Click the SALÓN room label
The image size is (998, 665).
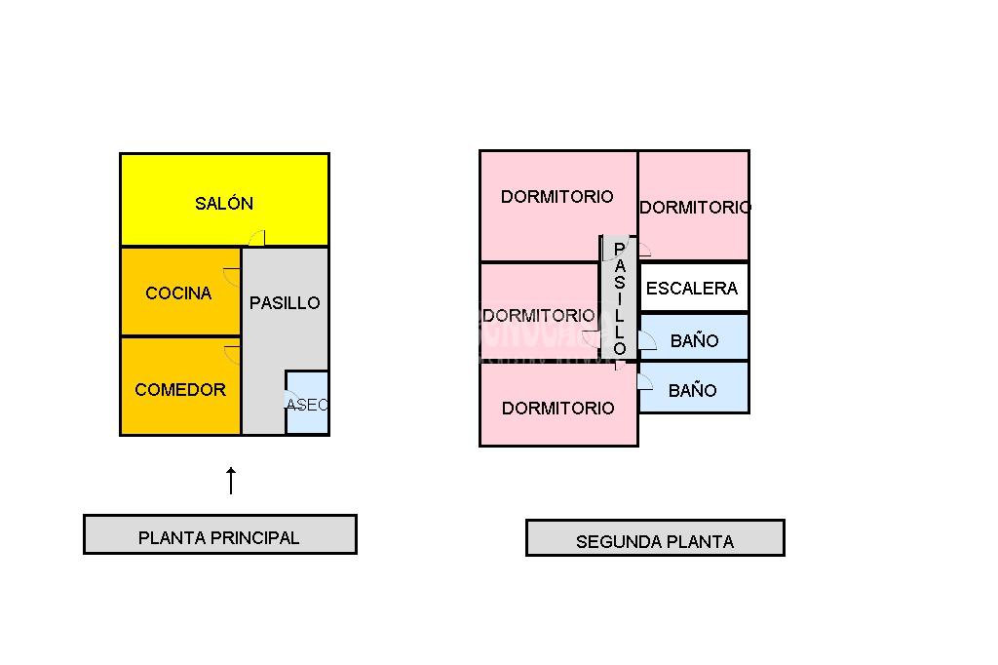(x=224, y=204)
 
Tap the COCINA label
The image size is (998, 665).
(x=178, y=293)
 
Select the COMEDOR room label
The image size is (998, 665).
(x=180, y=390)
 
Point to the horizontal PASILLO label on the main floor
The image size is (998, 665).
(x=285, y=303)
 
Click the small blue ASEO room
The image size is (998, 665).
(x=308, y=404)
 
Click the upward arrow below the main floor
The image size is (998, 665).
(x=231, y=480)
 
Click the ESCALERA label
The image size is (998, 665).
(x=692, y=289)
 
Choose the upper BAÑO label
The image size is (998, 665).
(x=695, y=341)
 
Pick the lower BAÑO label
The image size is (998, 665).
(x=693, y=391)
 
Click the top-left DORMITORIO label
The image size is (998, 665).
(x=557, y=197)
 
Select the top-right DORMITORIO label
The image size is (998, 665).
(x=695, y=208)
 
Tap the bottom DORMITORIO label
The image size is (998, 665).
(x=558, y=409)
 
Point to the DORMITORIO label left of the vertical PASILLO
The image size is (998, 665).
(x=538, y=316)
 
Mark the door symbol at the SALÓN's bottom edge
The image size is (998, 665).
(x=257, y=237)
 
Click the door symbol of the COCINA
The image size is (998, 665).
(x=233, y=274)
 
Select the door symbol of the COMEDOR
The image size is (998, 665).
(x=233, y=353)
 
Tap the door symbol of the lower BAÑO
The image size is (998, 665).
(x=644, y=381)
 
